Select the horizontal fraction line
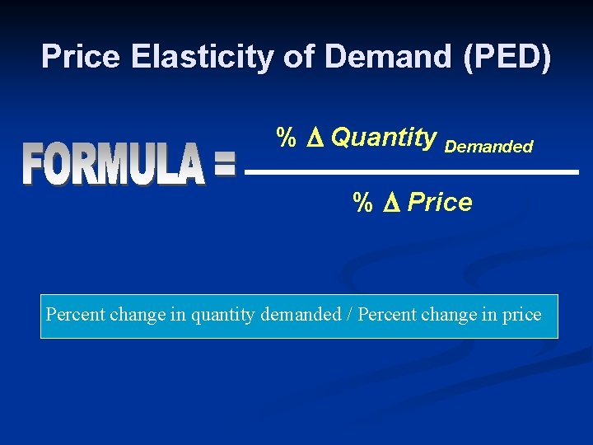pyautogui.click(x=412, y=171)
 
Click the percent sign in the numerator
pyautogui.click(x=286, y=138)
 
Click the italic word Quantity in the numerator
pyautogui.click(x=383, y=138)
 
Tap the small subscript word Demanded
pyautogui.click(x=488, y=147)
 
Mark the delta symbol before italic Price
pyautogui.click(x=390, y=204)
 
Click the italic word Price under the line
pyautogui.click(x=440, y=203)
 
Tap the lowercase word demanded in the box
pyautogui.click(x=300, y=315)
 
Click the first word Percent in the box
pyautogui.click(x=74, y=315)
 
